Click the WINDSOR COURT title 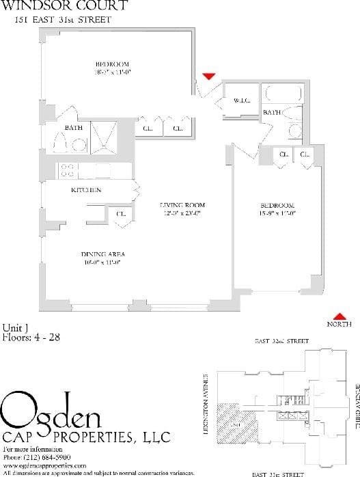64,6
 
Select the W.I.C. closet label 242,100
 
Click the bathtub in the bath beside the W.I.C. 279,95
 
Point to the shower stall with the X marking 105,135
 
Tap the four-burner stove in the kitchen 68,170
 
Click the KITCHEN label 86,190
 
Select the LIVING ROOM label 182,205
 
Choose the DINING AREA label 103,254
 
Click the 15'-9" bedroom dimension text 277,213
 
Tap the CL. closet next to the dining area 121,214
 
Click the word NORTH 339,324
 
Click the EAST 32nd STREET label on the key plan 281,340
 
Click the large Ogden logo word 52,411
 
